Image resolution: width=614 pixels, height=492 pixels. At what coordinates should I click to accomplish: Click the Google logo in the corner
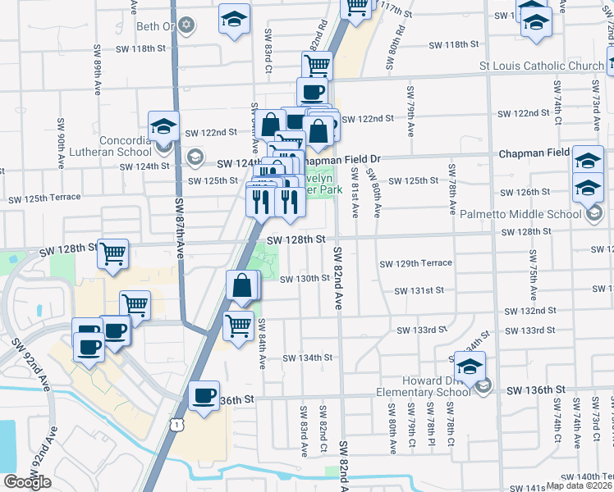[x=27, y=482]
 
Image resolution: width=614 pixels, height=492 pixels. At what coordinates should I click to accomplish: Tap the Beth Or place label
[x=157, y=26]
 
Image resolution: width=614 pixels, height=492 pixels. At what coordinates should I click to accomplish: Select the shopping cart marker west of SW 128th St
[x=113, y=253]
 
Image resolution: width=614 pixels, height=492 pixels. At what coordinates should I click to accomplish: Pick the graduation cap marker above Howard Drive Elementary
[x=470, y=367]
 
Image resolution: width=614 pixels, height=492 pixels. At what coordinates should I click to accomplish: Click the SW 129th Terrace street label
[x=415, y=263]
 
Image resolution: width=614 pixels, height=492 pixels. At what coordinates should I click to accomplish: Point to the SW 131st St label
[x=419, y=290]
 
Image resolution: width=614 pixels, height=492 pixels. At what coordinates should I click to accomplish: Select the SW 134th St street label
[x=307, y=358]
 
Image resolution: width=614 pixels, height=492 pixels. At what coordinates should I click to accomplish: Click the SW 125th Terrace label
[x=44, y=198]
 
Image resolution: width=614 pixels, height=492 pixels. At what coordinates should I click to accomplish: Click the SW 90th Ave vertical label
[x=61, y=143]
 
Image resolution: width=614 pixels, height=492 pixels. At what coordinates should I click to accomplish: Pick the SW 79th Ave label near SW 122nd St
[x=410, y=102]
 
